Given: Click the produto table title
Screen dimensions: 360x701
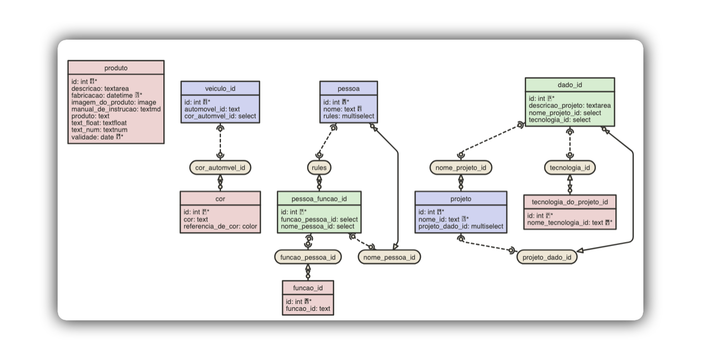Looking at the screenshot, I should point(116,68).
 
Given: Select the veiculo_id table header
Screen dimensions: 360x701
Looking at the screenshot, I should point(220,88).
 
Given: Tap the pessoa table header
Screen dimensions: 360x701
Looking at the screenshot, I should point(348,88).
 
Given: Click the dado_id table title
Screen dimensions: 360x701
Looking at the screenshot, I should point(569,85).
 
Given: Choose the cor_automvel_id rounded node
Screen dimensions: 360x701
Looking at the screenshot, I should point(220,168).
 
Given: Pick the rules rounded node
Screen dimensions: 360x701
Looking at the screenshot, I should point(319,168).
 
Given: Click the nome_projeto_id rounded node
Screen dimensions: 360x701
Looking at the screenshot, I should point(460,168).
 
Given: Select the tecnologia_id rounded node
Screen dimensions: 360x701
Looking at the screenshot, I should point(570,168).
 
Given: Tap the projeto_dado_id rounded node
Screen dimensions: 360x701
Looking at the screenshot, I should point(547,257).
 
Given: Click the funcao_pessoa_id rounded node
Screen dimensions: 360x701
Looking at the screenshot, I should point(308,257).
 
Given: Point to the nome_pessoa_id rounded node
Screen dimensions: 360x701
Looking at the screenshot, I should point(390,257).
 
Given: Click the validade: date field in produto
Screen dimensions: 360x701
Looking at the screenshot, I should point(97,137).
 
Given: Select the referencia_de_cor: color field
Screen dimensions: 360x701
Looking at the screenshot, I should point(220,226).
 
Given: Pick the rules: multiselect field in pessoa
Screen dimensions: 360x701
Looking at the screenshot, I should point(349,116).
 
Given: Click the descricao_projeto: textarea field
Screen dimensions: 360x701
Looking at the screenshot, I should point(569,106).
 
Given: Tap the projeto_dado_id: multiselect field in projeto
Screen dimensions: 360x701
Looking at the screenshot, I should point(460,226).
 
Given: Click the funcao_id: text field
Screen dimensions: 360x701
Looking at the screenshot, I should point(308,308).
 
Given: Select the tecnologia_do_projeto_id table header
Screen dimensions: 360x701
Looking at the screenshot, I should point(570,202).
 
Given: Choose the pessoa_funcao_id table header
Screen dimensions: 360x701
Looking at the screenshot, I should point(319,199).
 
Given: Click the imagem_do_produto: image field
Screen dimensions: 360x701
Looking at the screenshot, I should point(114,103).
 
